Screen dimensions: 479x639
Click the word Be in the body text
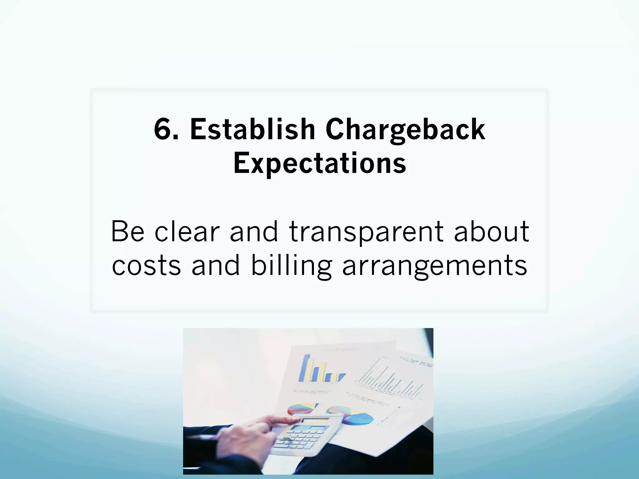128,231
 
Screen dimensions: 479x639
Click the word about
491,231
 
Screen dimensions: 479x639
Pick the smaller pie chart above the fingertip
301,409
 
